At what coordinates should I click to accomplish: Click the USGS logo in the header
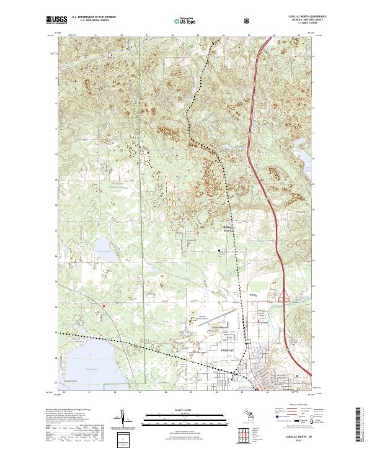click(x=56, y=20)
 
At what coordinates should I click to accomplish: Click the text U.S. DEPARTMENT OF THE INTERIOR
click(x=94, y=17)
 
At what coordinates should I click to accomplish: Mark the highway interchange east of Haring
click(x=286, y=299)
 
